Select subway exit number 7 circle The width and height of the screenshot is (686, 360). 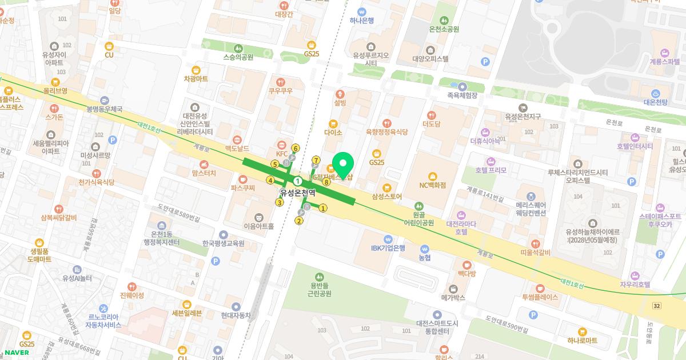[x=316, y=159]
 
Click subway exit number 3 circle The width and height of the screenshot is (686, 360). [x=280, y=202]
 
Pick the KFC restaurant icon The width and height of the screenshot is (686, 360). [x=282, y=144]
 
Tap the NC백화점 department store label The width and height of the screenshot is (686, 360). [x=432, y=185]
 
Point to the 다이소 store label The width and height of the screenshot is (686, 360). [x=333, y=133]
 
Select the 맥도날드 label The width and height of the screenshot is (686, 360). [x=237, y=148]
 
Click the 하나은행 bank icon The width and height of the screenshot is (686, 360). [x=361, y=11]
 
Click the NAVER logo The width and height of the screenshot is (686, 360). [x=17, y=352]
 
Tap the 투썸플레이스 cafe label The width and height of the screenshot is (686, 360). [x=540, y=297]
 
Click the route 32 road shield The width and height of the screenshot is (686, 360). [x=657, y=307]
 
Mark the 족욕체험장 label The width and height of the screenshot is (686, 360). [x=462, y=96]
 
